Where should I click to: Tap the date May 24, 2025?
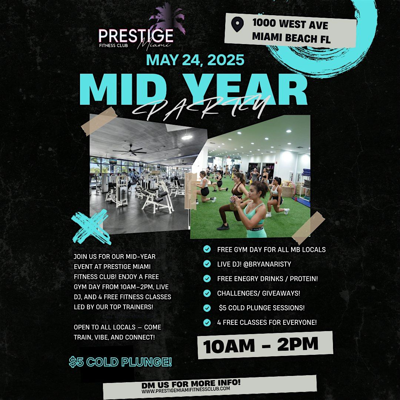coord(195,60)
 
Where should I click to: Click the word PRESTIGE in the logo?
coord(136,36)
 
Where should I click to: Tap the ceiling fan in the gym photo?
coord(130,150)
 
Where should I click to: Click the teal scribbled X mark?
coord(91,227)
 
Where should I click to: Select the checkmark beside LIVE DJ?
coord(207,264)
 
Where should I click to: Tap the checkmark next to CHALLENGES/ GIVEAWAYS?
coord(207,293)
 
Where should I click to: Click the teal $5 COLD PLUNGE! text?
coord(120,362)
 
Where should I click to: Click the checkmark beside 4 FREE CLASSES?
coord(207,322)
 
